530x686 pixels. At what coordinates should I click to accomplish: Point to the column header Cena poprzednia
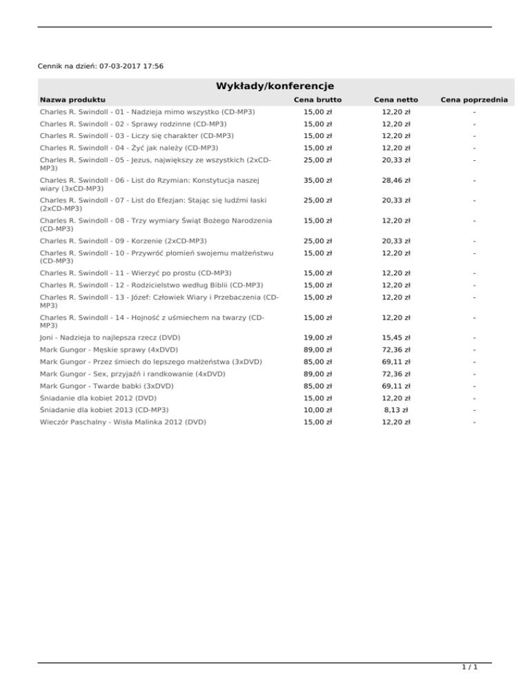(x=475, y=100)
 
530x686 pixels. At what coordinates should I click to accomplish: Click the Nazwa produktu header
(x=72, y=100)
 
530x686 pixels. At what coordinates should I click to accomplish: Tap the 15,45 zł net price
(x=397, y=337)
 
